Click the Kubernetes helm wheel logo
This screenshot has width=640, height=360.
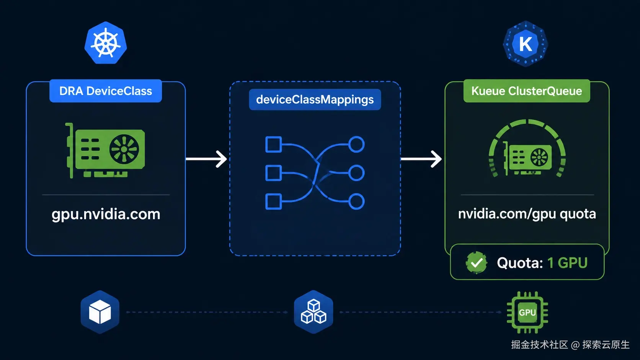pos(106,43)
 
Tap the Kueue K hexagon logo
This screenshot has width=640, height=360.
pos(525,44)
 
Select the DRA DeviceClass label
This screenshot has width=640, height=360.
pos(105,91)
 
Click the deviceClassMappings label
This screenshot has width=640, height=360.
pos(315,99)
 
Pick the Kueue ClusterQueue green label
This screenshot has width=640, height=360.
pos(527,91)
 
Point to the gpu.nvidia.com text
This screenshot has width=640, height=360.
pos(106,214)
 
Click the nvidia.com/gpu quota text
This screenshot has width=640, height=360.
pos(527,214)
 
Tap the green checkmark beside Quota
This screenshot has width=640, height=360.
pos(476,263)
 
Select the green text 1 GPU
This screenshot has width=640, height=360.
pos(567,263)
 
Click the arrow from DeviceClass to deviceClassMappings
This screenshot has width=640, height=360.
pos(206,159)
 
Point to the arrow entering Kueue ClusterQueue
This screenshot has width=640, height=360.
pos(421,159)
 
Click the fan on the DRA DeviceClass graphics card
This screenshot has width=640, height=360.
pos(124,149)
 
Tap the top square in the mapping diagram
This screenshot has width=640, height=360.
pos(273,145)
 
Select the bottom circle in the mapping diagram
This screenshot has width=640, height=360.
pos(356,202)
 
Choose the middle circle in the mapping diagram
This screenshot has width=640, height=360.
pos(356,173)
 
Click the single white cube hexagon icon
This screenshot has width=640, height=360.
pos(100,312)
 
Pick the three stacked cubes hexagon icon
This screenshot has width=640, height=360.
pos(313,312)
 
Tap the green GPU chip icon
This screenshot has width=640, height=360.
pos(527,312)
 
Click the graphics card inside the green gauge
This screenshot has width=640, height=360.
pos(527,158)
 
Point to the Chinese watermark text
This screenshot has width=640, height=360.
pos(570,345)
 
